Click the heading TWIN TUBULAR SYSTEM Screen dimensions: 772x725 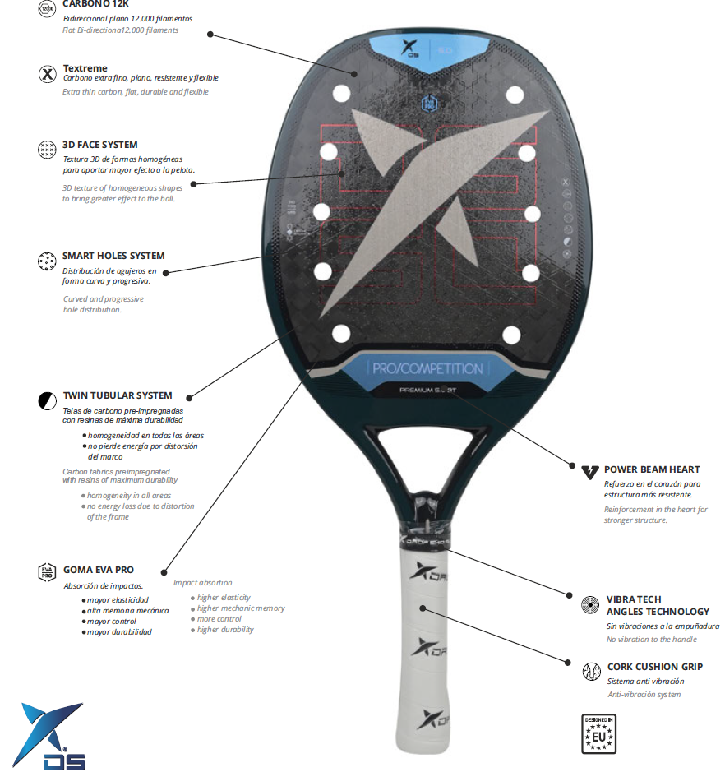coord(118,395)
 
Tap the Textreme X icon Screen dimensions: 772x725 coord(47,73)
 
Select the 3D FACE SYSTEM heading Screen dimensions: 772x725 coord(100,145)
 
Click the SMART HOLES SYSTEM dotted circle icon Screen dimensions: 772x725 coord(47,261)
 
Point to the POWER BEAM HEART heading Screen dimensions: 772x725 coord(652,469)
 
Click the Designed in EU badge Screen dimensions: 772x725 coord(598,734)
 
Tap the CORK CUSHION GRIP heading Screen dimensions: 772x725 coord(654,667)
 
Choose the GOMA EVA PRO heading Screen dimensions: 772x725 coord(99,570)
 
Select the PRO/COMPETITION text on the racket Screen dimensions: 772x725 coord(427,368)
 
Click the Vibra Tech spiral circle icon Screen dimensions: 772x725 coord(590,605)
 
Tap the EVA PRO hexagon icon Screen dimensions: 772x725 coord(47,573)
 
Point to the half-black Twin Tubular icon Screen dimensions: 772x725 coord(47,401)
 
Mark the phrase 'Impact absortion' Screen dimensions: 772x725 coord(202,583)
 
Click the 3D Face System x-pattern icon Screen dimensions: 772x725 coord(47,150)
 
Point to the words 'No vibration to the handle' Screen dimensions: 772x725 coord(651,640)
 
